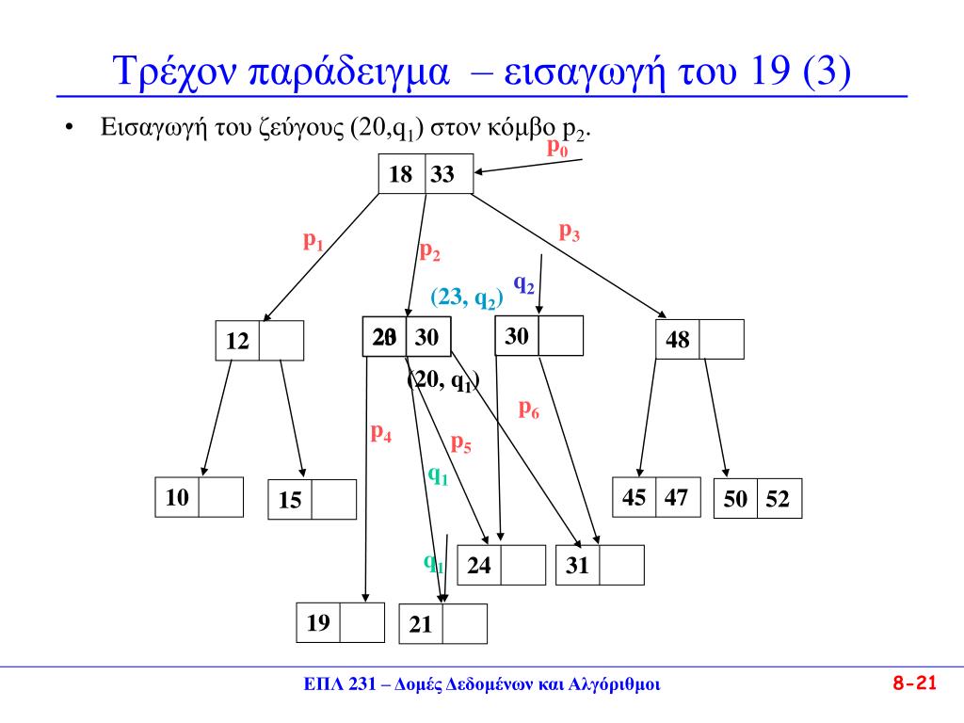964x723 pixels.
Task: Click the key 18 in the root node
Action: coord(401,174)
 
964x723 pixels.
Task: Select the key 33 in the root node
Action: coord(442,174)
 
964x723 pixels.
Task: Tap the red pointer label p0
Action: coord(557,148)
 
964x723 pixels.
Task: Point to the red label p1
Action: coord(313,242)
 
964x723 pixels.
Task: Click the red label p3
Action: coord(570,232)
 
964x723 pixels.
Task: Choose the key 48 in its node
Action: coord(678,340)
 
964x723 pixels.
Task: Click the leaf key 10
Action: coord(177,497)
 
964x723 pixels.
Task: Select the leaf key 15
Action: coord(290,501)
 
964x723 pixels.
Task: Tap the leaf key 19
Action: coord(318,621)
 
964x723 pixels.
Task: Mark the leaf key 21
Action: coord(421,624)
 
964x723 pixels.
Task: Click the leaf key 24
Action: coord(479,566)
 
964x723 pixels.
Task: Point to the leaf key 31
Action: coord(578,566)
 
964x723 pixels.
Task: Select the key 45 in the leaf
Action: coord(635,497)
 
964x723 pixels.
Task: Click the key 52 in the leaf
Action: coord(778,500)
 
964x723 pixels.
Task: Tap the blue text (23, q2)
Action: coord(468,297)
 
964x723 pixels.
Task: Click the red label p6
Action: coord(529,410)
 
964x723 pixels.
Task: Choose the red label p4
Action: coord(381,434)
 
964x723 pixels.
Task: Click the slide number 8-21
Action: coord(914,684)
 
